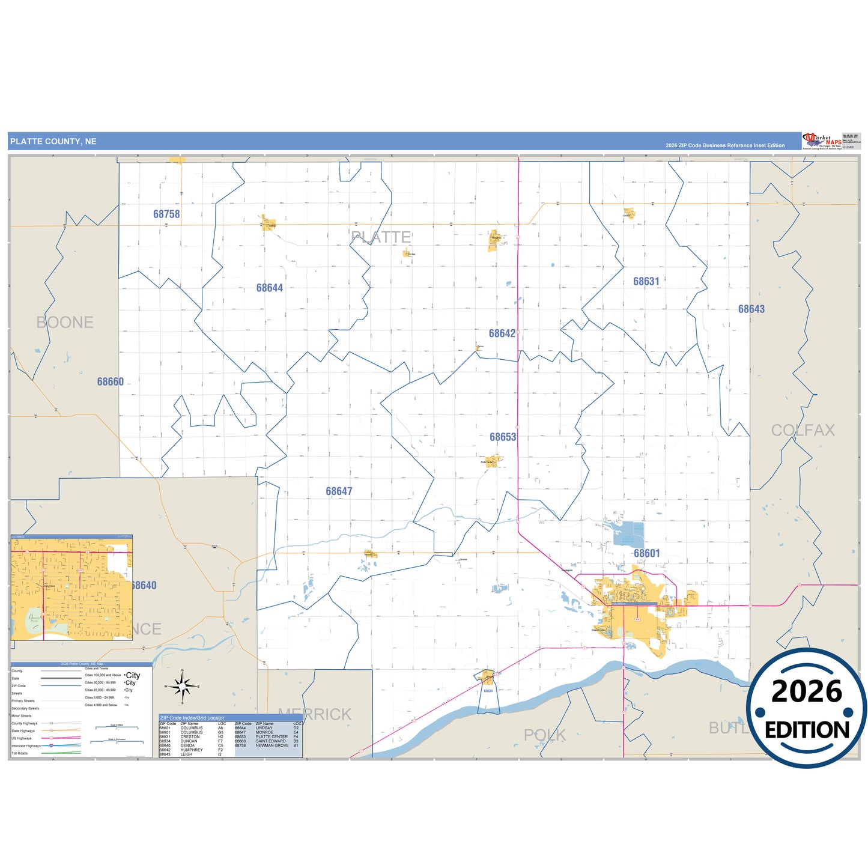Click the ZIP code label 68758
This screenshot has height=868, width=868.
coord(166,214)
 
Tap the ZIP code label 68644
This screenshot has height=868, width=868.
coord(269,288)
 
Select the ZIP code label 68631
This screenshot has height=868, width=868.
coord(646,282)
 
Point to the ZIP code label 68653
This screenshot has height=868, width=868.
coord(502,437)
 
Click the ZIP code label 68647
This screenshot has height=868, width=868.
coord(339,491)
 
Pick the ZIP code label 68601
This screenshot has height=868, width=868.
coord(646,553)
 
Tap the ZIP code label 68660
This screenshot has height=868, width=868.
coord(111,382)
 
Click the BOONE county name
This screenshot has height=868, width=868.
coord(65,323)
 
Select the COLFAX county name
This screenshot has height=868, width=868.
coord(803,430)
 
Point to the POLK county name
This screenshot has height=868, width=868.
coord(545,735)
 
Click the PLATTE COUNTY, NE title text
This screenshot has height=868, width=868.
coord(53,142)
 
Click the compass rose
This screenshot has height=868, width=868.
coord(183,685)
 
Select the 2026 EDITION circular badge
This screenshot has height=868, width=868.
coord(806,708)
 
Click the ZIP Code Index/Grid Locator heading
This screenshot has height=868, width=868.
coord(192,718)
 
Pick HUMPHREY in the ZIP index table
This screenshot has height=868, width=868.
coord(192,750)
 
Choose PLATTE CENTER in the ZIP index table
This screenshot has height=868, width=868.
coord(272,736)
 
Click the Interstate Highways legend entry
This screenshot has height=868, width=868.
coord(26,746)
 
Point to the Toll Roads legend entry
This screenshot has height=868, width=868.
coord(20,753)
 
